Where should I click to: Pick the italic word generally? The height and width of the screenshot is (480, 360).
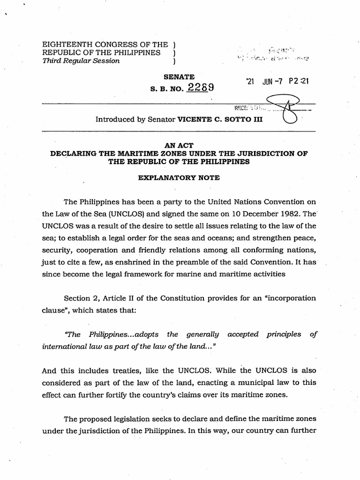click(202, 334)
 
